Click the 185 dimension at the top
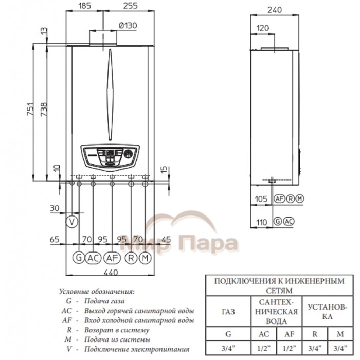click(85, 6)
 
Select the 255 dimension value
click(130, 6)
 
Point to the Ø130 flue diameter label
click(128, 26)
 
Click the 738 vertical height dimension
click(44, 109)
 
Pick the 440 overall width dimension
click(111, 273)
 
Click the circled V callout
click(72, 222)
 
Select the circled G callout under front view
click(79, 258)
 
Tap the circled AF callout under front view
click(112, 258)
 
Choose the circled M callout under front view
click(145, 258)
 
